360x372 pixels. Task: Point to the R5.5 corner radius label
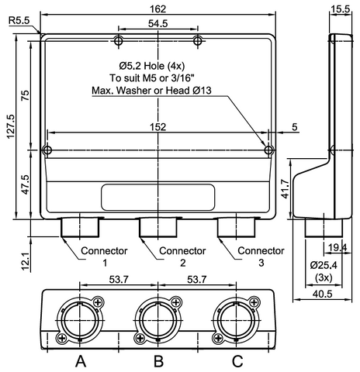(x=21, y=21)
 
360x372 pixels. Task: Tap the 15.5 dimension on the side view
(x=340, y=9)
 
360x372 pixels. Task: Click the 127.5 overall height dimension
(x=10, y=128)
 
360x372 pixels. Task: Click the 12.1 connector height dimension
(x=26, y=261)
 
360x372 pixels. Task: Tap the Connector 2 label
(x=182, y=257)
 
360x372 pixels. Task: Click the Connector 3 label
(x=260, y=257)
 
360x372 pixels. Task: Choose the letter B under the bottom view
(x=158, y=360)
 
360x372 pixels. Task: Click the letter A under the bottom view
(x=80, y=360)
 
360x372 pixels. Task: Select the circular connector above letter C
(x=236, y=318)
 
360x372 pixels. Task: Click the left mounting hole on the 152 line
(x=47, y=150)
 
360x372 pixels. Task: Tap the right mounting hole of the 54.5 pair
(x=199, y=40)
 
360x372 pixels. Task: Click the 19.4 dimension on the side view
(x=337, y=247)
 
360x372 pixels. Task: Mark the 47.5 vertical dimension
(x=25, y=186)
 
